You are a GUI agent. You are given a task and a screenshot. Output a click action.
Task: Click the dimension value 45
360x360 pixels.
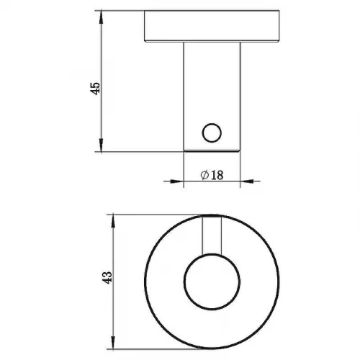(96, 89)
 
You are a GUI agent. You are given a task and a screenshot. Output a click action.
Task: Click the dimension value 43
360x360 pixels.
(107, 278)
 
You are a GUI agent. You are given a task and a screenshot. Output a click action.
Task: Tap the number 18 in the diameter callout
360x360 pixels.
(217, 175)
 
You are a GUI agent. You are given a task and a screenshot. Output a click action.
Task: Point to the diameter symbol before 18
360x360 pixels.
(204, 175)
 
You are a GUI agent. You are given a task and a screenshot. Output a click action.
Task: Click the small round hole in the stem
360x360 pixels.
(212, 132)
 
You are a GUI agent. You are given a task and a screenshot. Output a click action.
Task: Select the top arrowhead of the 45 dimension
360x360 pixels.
(102, 17)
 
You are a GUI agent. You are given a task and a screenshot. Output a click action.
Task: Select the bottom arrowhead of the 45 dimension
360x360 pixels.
(102, 145)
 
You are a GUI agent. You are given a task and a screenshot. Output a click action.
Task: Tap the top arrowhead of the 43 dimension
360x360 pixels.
(113, 221)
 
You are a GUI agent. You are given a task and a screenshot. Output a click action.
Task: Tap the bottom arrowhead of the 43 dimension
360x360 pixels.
(113, 343)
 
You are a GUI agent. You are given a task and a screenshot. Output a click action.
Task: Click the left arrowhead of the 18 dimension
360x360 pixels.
(177, 181)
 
